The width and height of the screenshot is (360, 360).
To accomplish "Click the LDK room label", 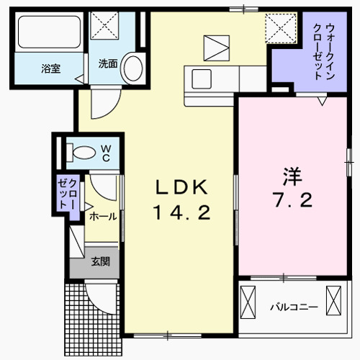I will [183, 188].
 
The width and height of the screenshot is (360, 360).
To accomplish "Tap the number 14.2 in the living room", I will [183, 213].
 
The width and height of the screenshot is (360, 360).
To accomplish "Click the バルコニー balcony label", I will [294, 307].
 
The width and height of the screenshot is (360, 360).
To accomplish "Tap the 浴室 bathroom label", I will [50, 69].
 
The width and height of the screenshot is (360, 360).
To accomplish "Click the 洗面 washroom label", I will [108, 63].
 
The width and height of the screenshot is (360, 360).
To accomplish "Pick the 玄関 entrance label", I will [100, 261].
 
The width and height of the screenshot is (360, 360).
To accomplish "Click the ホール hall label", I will [102, 215].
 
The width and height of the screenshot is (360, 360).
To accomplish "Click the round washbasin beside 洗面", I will [132, 69].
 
